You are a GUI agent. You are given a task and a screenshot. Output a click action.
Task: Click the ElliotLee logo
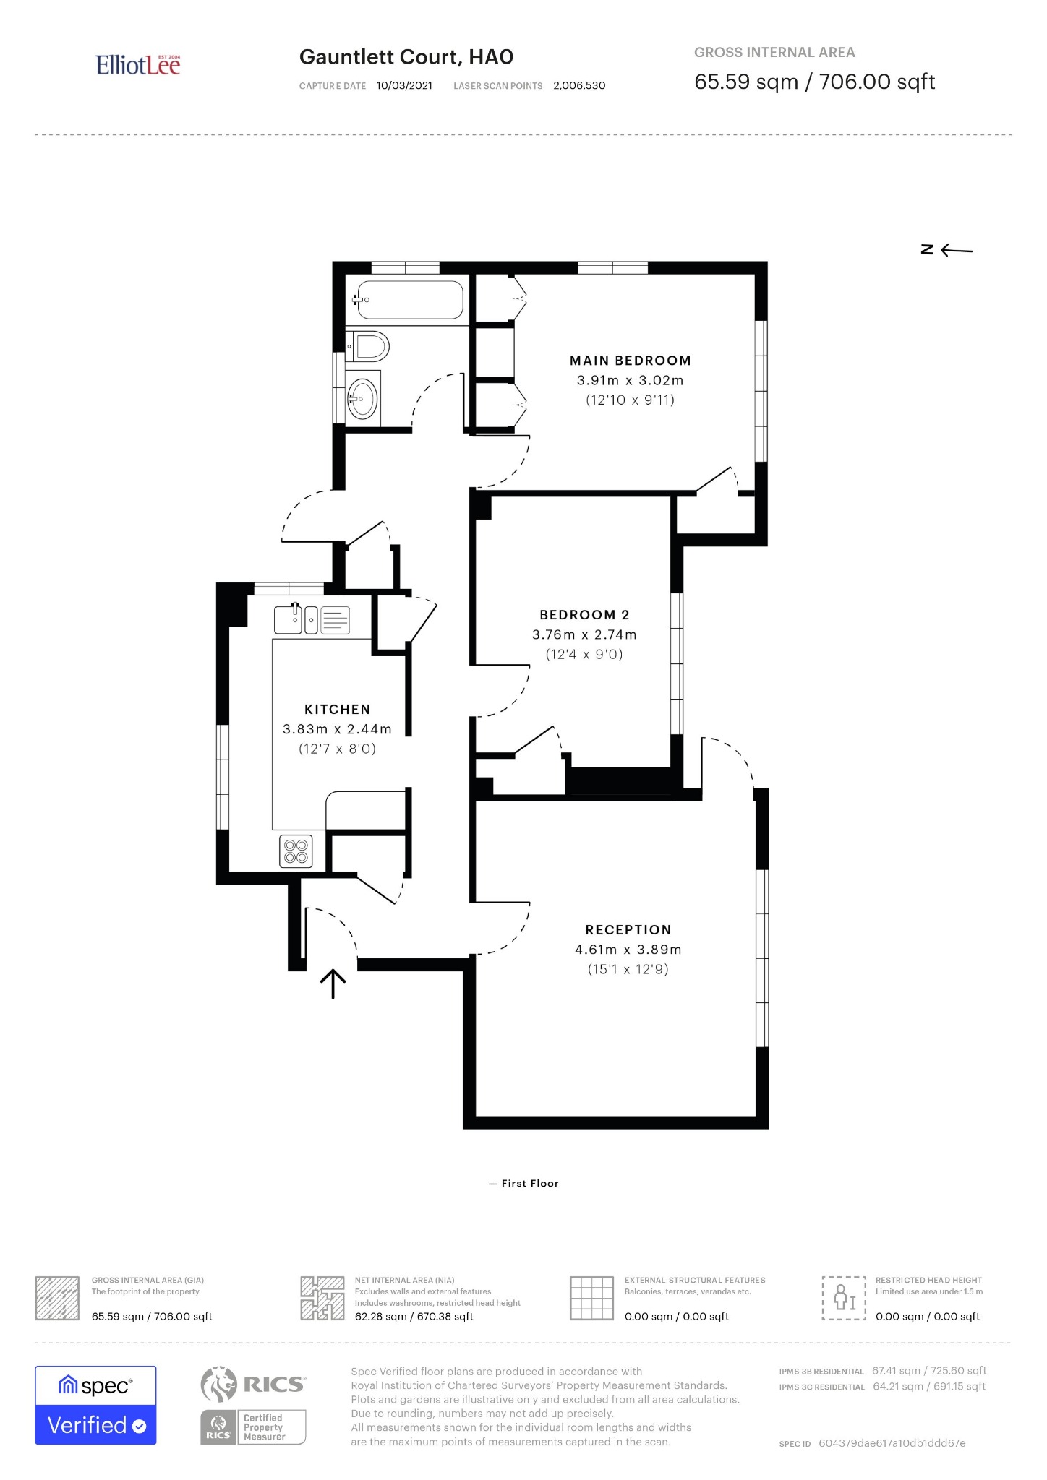pyautogui.click(x=137, y=65)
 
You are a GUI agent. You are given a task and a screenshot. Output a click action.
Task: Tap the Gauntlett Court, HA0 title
pyautogui.click(x=406, y=57)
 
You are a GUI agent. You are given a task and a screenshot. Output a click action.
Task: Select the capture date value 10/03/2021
pyautogui.click(x=404, y=85)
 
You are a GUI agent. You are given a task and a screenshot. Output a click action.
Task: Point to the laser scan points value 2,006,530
pyautogui.click(x=579, y=85)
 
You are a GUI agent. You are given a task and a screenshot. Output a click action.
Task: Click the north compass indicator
pyautogui.click(x=946, y=250)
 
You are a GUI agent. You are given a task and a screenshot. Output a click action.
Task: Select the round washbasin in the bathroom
pyautogui.click(x=362, y=396)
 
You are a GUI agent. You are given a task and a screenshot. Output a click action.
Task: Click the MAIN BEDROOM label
pyautogui.click(x=631, y=361)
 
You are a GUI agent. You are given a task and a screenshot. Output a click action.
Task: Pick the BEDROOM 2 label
pyautogui.click(x=585, y=615)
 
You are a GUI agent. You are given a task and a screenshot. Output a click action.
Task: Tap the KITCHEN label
pyautogui.click(x=337, y=710)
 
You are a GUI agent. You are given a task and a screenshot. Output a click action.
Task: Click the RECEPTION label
pyautogui.click(x=628, y=930)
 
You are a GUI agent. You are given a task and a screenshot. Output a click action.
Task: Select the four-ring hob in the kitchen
pyautogui.click(x=296, y=851)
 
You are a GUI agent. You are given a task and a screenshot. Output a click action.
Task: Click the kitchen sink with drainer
pyautogui.click(x=312, y=619)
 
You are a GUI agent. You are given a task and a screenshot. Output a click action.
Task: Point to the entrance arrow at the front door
pyautogui.click(x=333, y=984)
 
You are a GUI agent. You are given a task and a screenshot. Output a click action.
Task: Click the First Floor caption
pyautogui.click(x=524, y=1184)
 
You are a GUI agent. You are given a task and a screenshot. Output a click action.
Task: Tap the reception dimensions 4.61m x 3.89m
pyautogui.click(x=628, y=950)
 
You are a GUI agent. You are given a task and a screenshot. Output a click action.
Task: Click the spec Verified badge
pyautogui.click(x=95, y=1406)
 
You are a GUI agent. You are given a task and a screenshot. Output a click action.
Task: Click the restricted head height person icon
pyautogui.click(x=844, y=1299)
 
